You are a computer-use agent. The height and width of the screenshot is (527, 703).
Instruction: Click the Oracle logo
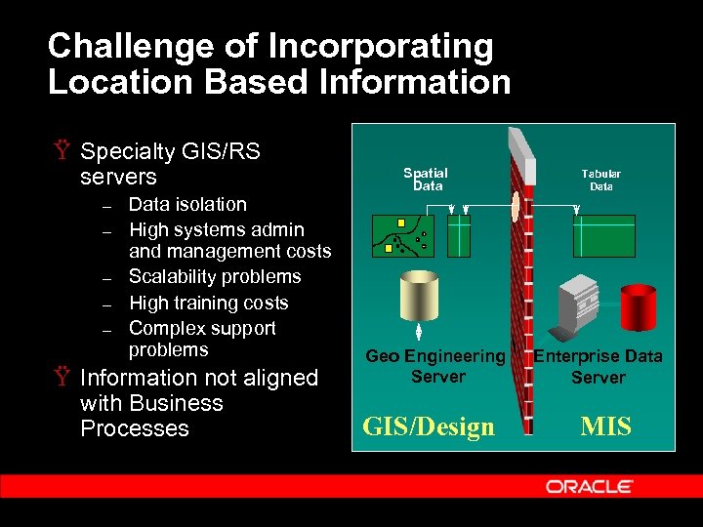point(589,486)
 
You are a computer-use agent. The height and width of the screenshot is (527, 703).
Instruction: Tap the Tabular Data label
point(601,180)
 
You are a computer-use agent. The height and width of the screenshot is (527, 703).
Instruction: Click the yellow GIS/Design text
point(429,426)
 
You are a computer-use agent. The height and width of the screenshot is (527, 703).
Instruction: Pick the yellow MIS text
point(606,426)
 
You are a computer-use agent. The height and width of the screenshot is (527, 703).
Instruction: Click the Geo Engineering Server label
point(435,366)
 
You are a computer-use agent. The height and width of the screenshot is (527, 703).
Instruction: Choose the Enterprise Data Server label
point(598,366)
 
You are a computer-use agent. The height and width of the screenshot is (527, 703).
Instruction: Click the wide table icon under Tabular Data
point(603,235)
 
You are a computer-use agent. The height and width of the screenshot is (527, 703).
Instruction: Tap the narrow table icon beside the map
point(458,235)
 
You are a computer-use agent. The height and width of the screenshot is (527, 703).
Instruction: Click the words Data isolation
point(187,205)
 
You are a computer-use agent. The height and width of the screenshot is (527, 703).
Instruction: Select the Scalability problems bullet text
point(215,277)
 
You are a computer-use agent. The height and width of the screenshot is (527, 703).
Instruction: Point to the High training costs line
point(208,303)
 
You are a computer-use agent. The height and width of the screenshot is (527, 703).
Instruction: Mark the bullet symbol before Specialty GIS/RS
point(61,152)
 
